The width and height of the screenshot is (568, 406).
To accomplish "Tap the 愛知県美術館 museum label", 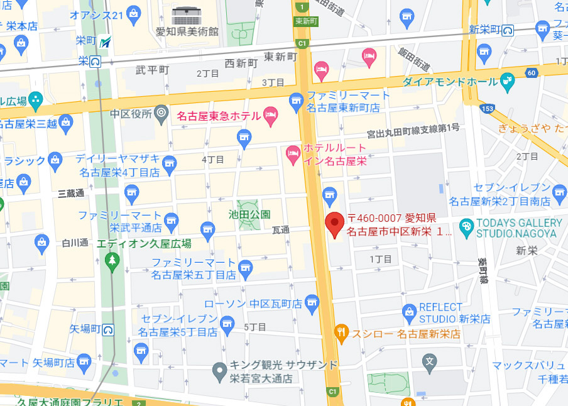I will (x=187, y=31).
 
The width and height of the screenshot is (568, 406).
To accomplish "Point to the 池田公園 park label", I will (x=249, y=214).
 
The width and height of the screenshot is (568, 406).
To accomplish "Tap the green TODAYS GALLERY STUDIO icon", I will (x=466, y=227).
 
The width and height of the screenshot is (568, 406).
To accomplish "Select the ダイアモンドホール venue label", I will (x=450, y=82).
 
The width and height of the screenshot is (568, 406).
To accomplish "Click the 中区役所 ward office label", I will (x=131, y=114).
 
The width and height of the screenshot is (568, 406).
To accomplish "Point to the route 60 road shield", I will (x=532, y=74).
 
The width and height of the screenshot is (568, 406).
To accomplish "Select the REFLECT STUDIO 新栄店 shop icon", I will (x=410, y=311).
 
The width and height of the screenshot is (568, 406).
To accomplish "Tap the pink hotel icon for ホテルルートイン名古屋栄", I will (x=293, y=153).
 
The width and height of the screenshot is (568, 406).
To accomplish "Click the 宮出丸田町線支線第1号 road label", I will (x=413, y=129).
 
